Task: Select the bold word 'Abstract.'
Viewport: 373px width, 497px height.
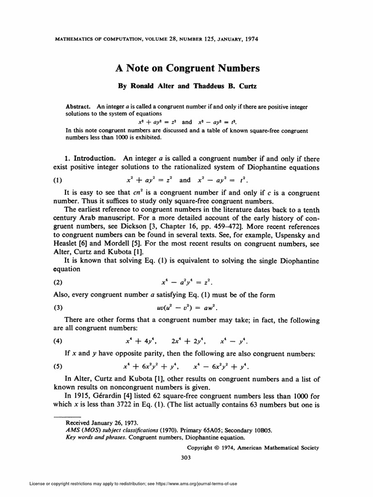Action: tap(79, 106)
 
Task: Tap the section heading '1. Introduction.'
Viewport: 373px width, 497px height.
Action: tap(90, 158)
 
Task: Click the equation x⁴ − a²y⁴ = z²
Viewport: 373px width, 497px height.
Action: tap(187, 282)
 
